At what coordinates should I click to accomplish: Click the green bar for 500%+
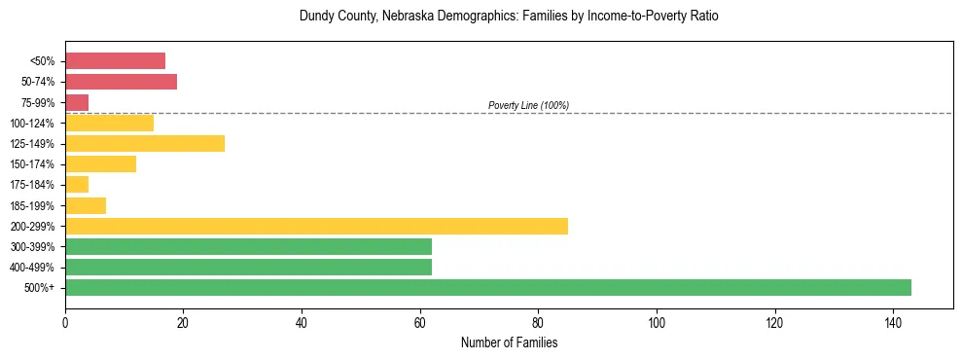[x=487, y=287]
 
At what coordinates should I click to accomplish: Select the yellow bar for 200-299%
[x=316, y=226]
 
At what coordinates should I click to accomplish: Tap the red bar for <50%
[x=115, y=60]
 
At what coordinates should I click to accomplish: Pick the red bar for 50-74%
[x=121, y=82]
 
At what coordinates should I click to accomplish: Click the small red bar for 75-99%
[x=77, y=102]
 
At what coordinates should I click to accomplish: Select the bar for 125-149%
[x=145, y=143]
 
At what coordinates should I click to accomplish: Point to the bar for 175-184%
[x=77, y=184]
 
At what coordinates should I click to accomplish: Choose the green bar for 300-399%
[x=248, y=246]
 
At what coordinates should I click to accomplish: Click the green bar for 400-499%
[x=248, y=267]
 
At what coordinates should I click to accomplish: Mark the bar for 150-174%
[x=100, y=163]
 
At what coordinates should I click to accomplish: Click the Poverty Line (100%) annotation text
[x=528, y=105]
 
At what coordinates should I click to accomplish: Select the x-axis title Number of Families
[x=509, y=342]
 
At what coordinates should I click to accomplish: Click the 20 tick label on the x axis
[x=183, y=322]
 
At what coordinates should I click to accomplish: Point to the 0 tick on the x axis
[x=65, y=322]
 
